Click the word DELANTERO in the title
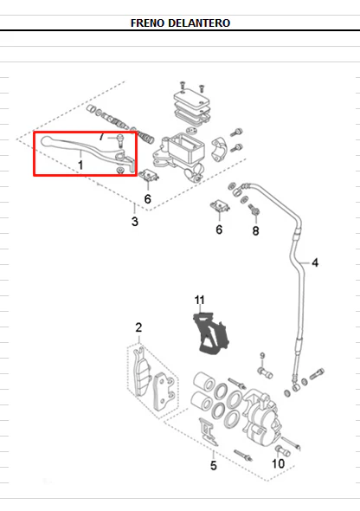199,23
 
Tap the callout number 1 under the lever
80,165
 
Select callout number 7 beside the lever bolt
101,137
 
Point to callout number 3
135,222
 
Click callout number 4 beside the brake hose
315,262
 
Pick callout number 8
256,231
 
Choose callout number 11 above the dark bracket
200,300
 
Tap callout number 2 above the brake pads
138,327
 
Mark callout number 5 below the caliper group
214,466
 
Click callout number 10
279,463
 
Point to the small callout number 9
262,355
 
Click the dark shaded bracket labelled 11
211,333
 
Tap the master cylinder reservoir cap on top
192,98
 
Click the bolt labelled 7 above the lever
120,140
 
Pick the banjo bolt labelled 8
254,210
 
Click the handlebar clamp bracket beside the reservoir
219,150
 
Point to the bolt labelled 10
282,451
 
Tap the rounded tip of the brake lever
45,141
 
